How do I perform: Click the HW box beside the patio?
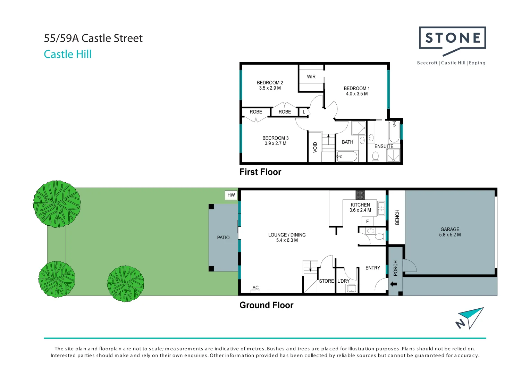(231, 195)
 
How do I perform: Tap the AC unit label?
(255, 288)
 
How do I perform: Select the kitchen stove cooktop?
(360, 195)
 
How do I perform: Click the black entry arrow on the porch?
(394, 284)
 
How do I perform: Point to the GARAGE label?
(450, 230)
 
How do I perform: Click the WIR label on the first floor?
(311, 77)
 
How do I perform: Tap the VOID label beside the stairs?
(315, 147)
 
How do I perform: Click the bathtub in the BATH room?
(347, 156)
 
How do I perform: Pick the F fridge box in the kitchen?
(368, 221)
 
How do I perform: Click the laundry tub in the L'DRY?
(352, 288)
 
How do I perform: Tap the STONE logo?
(453, 38)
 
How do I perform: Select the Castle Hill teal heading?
(68, 55)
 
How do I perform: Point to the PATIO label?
(223, 238)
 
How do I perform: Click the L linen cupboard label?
(304, 112)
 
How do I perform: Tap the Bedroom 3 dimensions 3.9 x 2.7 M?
(275, 143)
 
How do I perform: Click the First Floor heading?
(260, 172)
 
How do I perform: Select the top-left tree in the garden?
(57, 203)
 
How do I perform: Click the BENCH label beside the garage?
(397, 217)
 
